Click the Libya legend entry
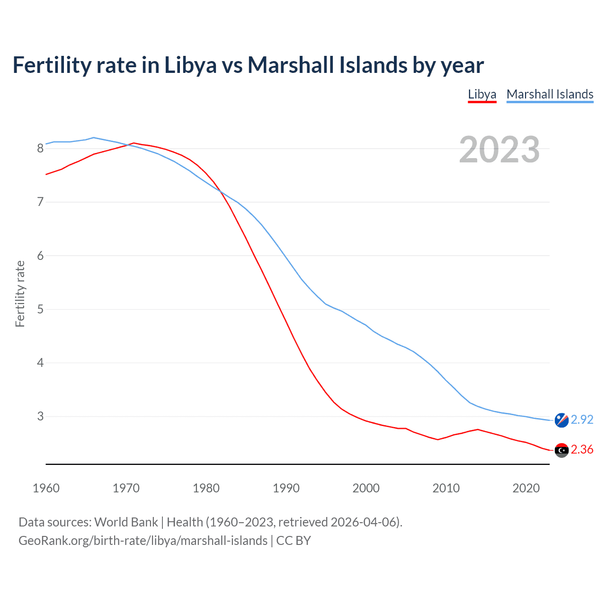[482, 94]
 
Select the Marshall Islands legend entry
[550, 94]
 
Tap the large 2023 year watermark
[499, 150]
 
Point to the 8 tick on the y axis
[40, 149]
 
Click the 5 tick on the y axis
[40, 309]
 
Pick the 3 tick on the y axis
[40, 416]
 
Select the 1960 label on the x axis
[46, 488]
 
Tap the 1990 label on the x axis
[286, 488]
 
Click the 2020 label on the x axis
[526, 488]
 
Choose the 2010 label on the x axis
[446, 488]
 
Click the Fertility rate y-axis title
[20, 294]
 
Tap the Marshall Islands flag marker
[561, 420]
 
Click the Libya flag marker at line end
[561, 450]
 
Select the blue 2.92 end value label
[582, 420]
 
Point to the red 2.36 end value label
[582, 450]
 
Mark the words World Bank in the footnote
[126, 522]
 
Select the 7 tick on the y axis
[40, 202]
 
